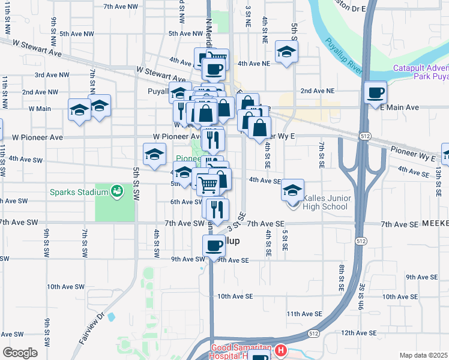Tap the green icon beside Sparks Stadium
pyautogui.click(x=117, y=192)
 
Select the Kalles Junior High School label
pyautogui.click(x=325, y=202)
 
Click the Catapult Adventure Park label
pyautogui.click(x=420, y=73)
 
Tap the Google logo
pyautogui.click(x=20, y=353)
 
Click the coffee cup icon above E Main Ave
pyautogui.click(x=375, y=93)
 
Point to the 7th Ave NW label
pyautogui.click(x=120, y=7)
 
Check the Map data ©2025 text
pyautogui.click(x=424, y=355)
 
